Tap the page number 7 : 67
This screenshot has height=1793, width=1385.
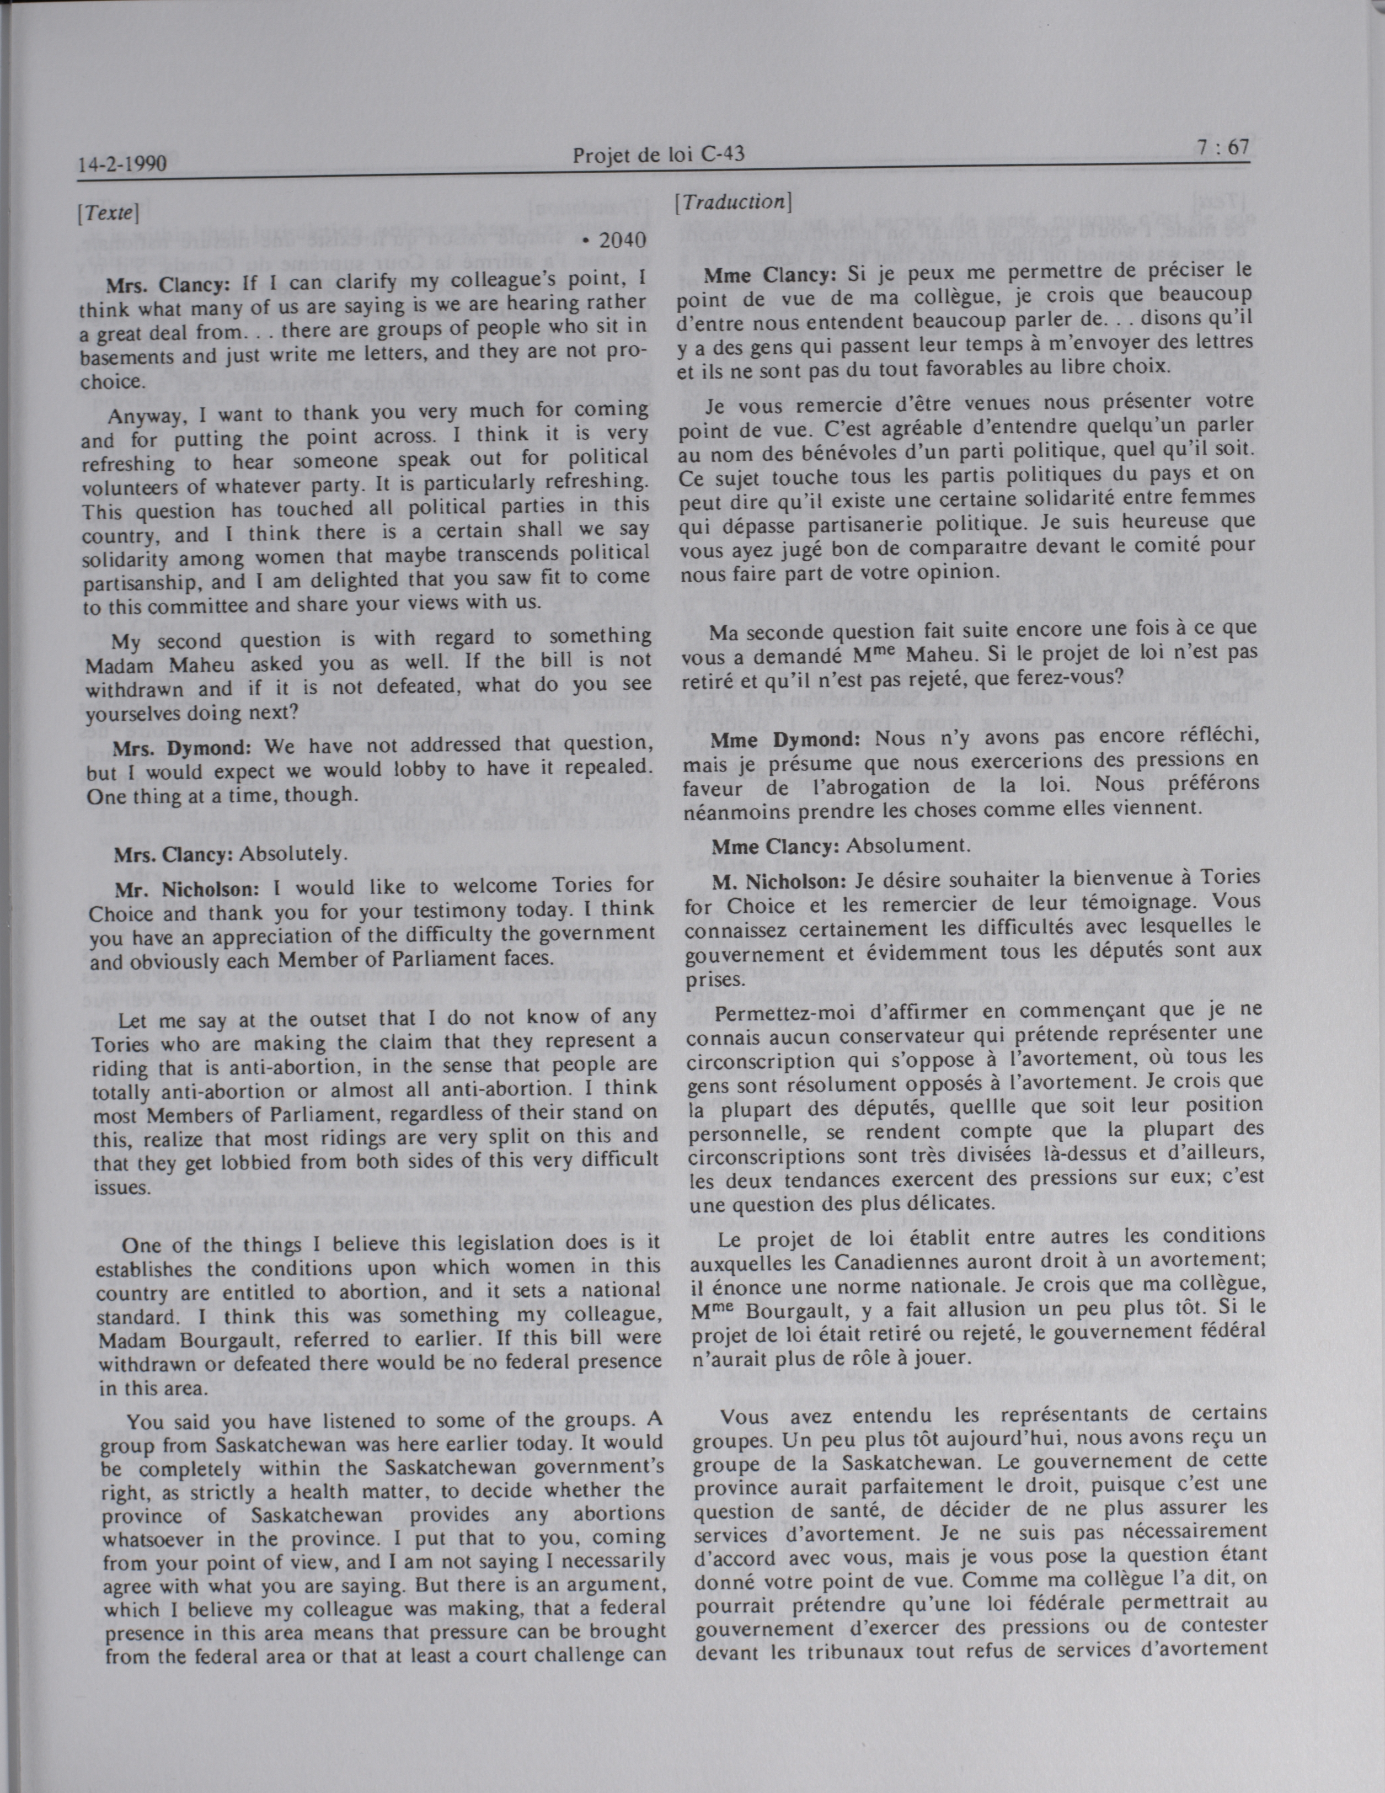click(1221, 148)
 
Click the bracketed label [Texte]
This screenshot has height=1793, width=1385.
click(108, 214)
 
